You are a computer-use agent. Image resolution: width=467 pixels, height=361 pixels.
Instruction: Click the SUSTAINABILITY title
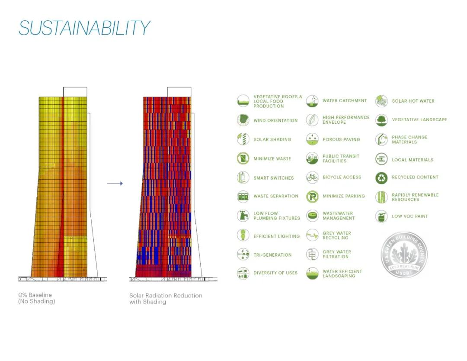click(x=84, y=28)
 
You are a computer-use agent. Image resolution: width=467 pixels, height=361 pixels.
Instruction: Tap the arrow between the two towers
click(x=115, y=184)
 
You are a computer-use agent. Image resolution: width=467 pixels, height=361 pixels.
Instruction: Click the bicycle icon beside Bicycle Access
click(x=312, y=177)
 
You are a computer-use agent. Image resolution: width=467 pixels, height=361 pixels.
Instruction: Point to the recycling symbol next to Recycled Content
click(x=381, y=177)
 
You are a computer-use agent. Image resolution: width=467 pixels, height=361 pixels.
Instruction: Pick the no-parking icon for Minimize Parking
click(x=312, y=197)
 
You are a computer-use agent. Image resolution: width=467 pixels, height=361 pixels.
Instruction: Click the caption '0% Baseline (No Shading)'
click(x=37, y=298)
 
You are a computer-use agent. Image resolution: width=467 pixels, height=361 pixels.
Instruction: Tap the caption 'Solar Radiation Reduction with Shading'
click(x=166, y=298)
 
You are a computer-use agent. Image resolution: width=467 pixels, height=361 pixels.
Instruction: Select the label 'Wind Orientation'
click(x=275, y=120)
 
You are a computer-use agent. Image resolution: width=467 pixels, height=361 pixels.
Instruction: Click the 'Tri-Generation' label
click(x=272, y=255)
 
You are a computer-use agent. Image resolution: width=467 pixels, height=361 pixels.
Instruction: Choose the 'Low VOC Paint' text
click(x=410, y=216)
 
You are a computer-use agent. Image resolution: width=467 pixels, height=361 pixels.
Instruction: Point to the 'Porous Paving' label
click(x=341, y=139)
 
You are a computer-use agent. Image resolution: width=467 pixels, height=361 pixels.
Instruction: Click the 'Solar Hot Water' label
click(x=413, y=101)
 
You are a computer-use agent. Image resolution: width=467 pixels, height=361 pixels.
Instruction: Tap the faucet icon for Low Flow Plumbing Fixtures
click(x=243, y=215)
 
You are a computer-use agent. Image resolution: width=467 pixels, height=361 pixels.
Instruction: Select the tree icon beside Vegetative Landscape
click(x=381, y=120)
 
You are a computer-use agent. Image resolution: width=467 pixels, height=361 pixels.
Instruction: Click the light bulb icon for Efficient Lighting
click(x=243, y=235)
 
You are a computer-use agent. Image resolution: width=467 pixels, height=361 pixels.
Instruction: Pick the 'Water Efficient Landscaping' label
click(x=342, y=274)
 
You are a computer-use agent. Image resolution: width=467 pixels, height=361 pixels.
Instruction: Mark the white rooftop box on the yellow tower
click(x=75, y=92)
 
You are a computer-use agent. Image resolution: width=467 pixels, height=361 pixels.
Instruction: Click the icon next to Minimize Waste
click(x=243, y=158)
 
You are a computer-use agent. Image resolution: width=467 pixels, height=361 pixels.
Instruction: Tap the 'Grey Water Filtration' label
click(x=337, y=254)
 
